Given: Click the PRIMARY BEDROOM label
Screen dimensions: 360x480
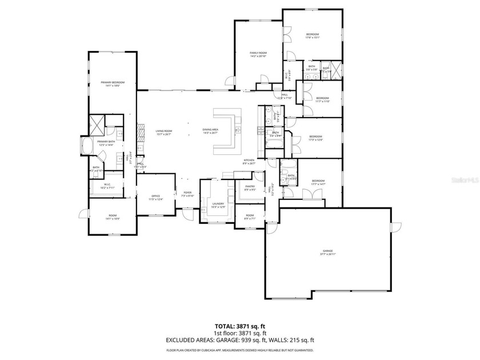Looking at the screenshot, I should coord(113,83).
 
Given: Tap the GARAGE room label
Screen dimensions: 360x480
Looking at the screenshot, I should coord(327,252).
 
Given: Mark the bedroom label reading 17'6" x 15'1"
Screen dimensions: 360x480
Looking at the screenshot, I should coord(312,38).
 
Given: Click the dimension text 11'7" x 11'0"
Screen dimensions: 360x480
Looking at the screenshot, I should coord(323,101).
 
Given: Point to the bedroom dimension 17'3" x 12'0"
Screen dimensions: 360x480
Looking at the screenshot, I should coord(316,139).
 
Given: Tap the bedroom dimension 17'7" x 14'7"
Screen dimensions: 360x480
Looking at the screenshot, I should coord(318,183).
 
